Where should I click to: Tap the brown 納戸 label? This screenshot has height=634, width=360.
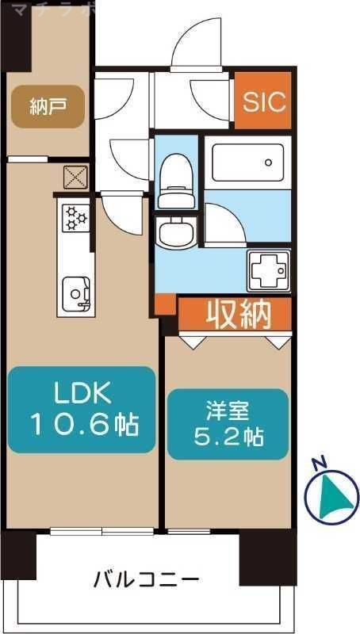[x=47, y=107]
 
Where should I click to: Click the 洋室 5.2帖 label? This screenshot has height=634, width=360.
[x=228, y=424]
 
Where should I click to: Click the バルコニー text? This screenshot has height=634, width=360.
[x=147, y=579]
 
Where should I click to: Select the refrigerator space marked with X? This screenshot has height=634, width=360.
[x=76, y=178]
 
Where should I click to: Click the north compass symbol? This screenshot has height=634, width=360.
[x=331, y=495]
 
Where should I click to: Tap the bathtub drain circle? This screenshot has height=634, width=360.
[x=269, y=163]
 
